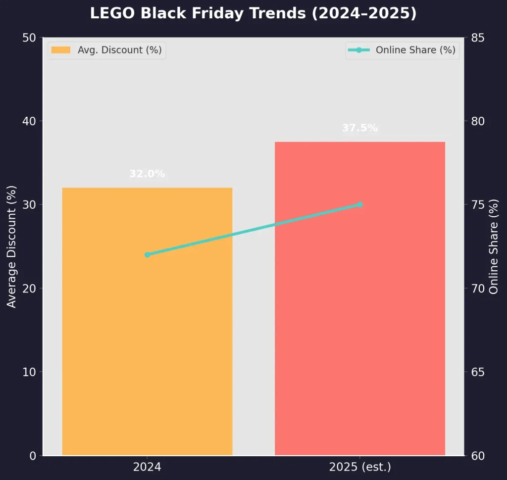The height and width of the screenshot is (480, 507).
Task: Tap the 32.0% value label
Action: click(147, 174)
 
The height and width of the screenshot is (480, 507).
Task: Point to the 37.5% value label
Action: click(360, 128)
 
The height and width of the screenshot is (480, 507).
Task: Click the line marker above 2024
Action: click(147, 254)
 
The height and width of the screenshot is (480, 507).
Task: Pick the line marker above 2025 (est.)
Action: click(360, 204)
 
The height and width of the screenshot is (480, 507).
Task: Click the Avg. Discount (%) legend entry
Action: click(107, 50)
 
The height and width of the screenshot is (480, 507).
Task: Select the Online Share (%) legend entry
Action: click(402, 50)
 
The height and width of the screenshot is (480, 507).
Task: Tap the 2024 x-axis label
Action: click(147, 467)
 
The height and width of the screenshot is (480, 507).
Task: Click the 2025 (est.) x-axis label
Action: click(360, 467)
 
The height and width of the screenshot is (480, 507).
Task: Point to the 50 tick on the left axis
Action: click(29, 38)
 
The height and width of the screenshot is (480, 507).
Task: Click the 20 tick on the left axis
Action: click(29, 288)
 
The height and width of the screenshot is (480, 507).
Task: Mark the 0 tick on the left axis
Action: click(33, 455)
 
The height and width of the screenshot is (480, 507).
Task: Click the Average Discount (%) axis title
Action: click(12, 246)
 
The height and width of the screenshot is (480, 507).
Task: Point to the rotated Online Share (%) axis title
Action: click(494, 246)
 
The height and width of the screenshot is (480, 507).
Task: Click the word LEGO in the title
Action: click(112, 13)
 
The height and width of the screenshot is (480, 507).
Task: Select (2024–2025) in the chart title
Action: click(364, 13)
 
